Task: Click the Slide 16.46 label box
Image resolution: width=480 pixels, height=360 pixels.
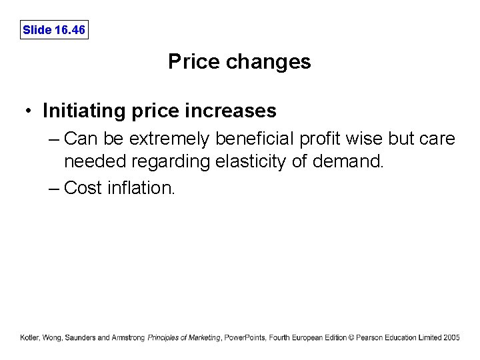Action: (54, 30)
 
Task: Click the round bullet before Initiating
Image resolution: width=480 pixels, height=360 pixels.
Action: (29, 110)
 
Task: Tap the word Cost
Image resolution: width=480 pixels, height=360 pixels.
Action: (83, 188)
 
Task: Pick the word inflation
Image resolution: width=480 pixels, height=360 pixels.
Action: (140, 188)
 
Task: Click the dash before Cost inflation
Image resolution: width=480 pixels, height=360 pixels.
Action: (54, 188)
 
